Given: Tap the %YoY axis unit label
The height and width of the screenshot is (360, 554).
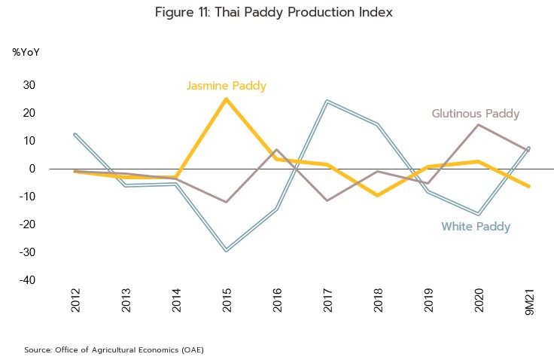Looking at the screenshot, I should point(26,53).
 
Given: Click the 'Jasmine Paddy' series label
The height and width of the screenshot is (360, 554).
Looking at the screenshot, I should point(226,86).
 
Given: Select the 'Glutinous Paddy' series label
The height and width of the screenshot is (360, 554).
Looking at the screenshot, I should point(475,114).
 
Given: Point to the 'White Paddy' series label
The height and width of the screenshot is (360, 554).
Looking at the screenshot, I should point(475,227).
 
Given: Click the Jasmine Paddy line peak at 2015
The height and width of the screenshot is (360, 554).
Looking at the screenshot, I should point(226,99).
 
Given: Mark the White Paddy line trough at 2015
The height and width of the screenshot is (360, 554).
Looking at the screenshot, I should point(226,250).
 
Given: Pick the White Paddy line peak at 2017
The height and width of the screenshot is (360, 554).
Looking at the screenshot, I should point(327,101).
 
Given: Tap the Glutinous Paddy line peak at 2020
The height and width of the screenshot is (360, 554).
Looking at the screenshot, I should point(479,124).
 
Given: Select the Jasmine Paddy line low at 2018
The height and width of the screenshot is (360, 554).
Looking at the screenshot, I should point(377,195).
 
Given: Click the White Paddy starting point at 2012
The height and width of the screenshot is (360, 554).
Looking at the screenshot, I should point(75,134).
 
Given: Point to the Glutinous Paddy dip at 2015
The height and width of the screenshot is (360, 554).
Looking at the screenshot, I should point(226,202).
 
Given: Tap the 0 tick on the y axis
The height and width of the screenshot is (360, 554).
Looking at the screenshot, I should point(34,169).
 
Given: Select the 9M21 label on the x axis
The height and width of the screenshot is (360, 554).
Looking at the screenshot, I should point(529,301).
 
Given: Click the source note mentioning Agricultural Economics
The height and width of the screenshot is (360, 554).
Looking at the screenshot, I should point(114,349).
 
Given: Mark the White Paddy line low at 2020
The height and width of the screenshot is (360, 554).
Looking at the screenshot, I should point(479,215).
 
